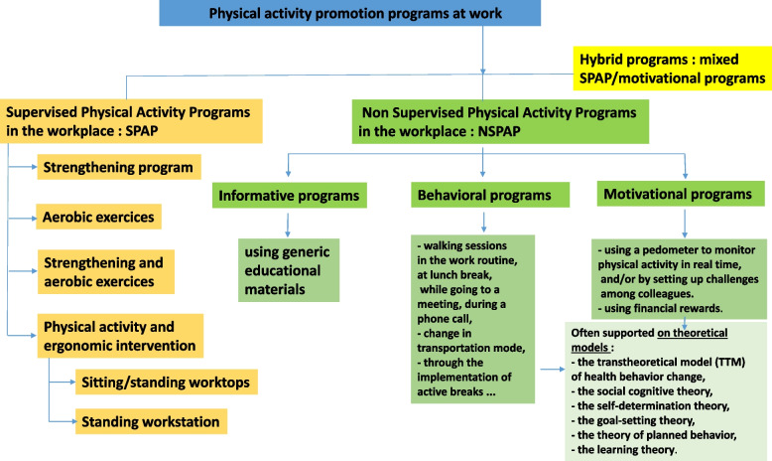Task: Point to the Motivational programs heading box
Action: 674,193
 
